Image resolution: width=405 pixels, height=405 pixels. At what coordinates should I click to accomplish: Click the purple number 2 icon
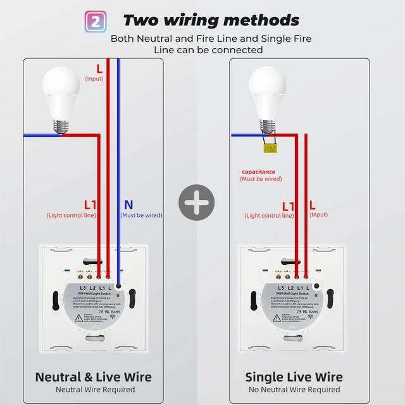point(95,20)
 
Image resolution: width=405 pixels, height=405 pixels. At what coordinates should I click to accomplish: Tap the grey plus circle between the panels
point(196,204)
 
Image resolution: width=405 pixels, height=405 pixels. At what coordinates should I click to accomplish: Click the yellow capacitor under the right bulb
point(270,148)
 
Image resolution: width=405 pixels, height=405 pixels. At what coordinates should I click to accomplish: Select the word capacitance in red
point(258,171)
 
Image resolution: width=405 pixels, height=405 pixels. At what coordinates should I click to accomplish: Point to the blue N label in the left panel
point(128,204)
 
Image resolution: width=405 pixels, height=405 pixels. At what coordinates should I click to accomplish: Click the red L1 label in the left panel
point(90,205)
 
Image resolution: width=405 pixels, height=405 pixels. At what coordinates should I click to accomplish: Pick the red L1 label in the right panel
point(289,206)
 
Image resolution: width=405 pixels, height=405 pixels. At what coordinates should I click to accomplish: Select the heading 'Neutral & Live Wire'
point(93,377)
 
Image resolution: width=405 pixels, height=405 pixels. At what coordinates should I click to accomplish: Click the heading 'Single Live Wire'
point(294,377)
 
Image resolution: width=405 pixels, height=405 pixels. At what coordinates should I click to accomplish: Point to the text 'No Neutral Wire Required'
point(294,390)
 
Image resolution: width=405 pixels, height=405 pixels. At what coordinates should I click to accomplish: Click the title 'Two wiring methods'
point(211,20)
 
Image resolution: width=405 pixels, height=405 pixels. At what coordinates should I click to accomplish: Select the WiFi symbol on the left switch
point(112,316)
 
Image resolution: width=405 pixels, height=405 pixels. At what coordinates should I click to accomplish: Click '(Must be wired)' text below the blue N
point(141,215)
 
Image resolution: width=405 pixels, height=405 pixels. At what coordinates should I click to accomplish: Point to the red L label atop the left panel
point(99,68)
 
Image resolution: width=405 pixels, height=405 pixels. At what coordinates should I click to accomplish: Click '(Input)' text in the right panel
point(319,215)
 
